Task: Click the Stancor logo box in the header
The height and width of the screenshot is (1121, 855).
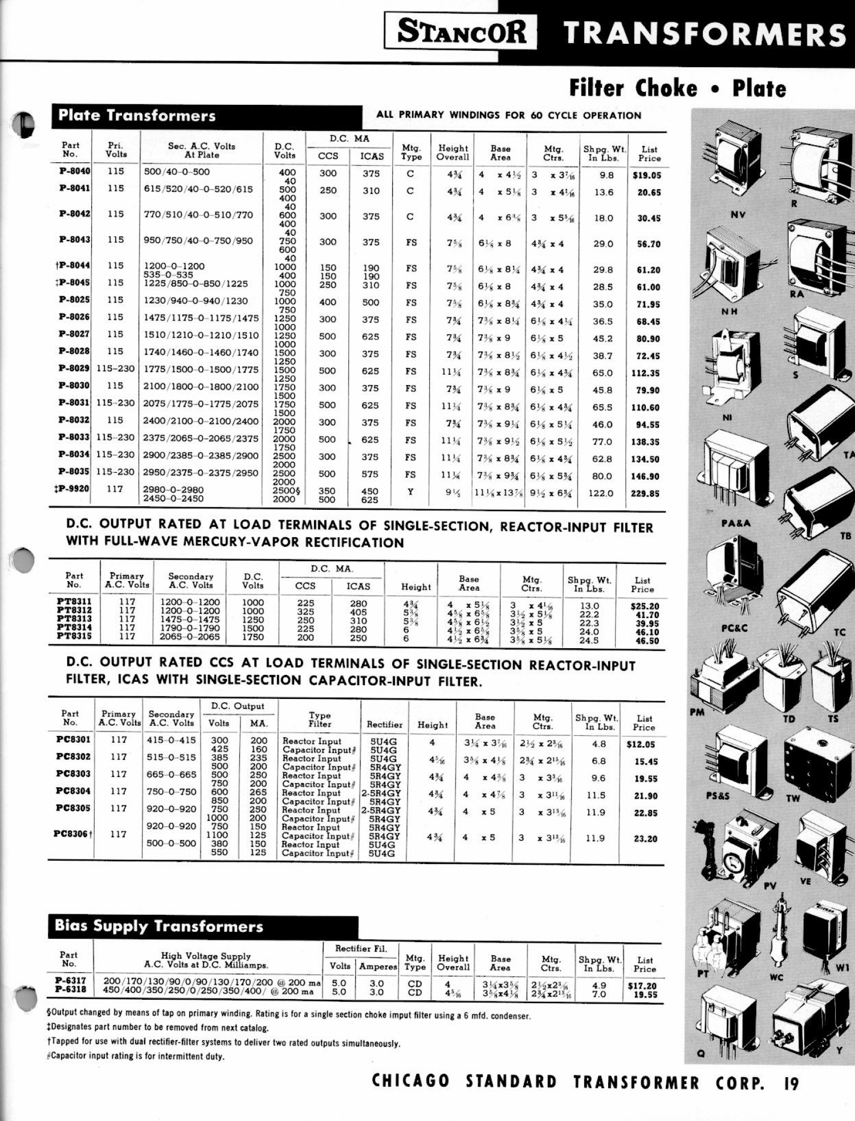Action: pyautogui.click(x=461, y=31)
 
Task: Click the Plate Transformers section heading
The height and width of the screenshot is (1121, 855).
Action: pyautogui.click(x=137, y=116)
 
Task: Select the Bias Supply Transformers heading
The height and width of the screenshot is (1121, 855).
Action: pyautogui.click(x=159, y=926)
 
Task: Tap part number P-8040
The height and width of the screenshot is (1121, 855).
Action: pyautogui.click(x=75, y=171)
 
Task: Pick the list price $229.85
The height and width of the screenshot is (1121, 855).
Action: pyautogui.click(x=645, y=493)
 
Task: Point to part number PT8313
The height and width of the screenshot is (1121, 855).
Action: pyautogui.click(x=74, y=619)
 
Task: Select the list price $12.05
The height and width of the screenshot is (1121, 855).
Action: pyautogui.click(x=641, y=744)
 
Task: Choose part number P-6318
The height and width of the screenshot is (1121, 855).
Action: pyautogui.click(x=71, y=989)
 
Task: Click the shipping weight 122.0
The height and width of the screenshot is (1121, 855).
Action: pyautogui.click(x=601, y=493)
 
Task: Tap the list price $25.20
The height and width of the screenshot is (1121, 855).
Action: pyautogui.click(x=644, y=606)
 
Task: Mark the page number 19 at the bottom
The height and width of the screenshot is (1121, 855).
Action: pyautogui.click(x=791, y=1082)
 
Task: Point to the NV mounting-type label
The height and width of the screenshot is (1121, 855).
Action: pyautogui.click(x=738, y=215)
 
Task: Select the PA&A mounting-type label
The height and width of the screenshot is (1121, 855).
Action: pyautogui.click(x=736, y=523)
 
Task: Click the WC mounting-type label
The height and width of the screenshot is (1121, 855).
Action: pyautogui.click(x=777, y=977)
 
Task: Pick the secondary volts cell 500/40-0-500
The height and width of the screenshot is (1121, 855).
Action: pyautogui.click(x=177, y=171)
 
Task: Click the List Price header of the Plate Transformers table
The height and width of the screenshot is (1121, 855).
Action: pyautogui.click(x=649, y=154)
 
